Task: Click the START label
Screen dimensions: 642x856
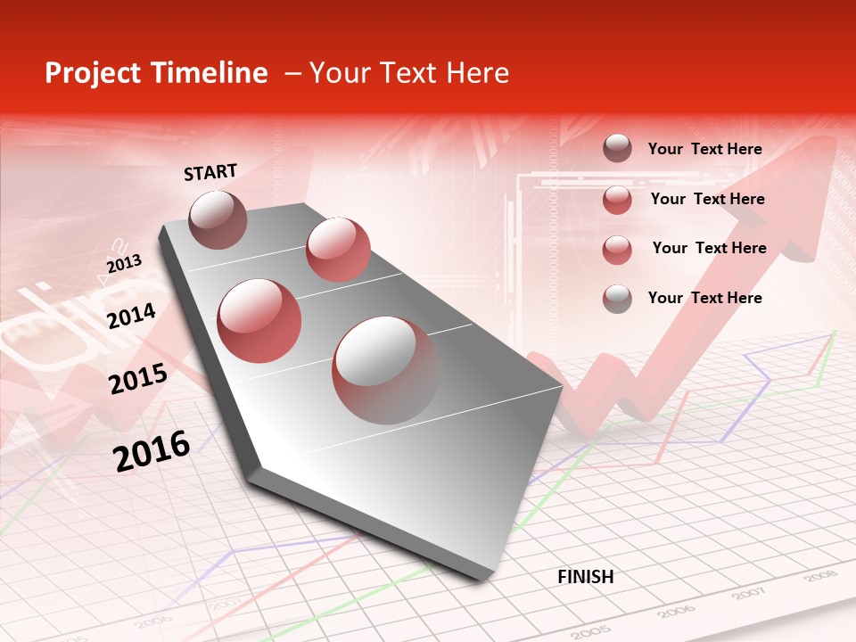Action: [210, 172]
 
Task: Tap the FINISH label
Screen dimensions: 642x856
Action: [586, 577]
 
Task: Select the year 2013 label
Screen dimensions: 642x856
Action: [124, 264]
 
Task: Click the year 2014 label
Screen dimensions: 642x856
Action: [132, 316]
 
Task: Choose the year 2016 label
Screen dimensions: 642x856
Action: [152, 450]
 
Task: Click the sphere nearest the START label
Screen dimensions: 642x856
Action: [218, 219]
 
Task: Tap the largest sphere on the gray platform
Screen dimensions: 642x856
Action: [385, 369]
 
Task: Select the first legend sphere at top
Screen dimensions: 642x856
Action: [617, 148]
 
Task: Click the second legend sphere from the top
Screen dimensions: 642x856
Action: [617, 200]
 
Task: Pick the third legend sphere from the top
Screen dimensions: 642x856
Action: [617, 250]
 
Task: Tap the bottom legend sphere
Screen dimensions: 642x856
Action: [617, 298]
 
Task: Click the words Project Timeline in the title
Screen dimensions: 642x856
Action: [156, 73]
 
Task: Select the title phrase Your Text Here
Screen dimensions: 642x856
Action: [409, 73]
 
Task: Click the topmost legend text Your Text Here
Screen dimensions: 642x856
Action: [704, 149]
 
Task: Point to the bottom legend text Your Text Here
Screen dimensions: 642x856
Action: [704, 298]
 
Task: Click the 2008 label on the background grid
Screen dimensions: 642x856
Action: [819, 577]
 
